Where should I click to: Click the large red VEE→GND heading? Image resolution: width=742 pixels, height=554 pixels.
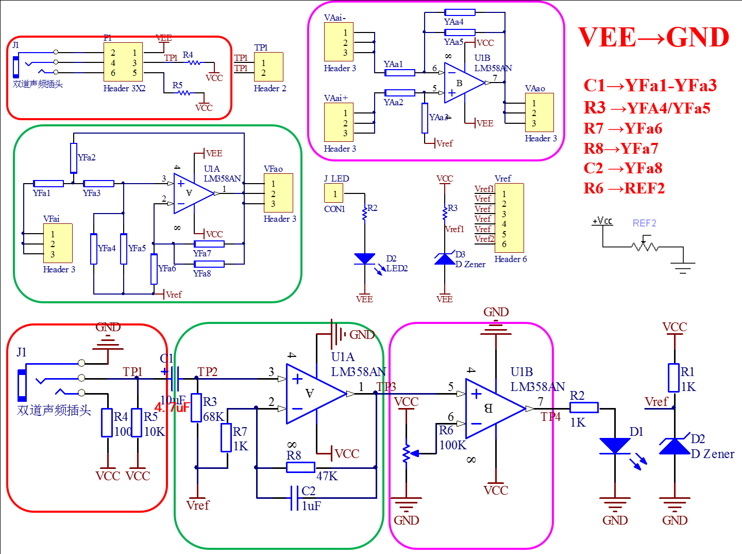click(x=653, y=38)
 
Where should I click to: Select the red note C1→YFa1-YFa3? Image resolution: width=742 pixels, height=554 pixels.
click(x=650, y=86)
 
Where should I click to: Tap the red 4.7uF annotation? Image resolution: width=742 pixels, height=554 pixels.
click(x=172, y=408)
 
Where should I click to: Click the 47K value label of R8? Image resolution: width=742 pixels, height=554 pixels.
click(x=327, y=476)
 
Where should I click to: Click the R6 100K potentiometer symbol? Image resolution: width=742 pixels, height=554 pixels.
click(x=407, y=453)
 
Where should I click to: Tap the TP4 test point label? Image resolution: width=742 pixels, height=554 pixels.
click(x=550, y=417)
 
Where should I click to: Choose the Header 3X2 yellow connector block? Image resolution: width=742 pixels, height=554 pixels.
click(x=123, y=62)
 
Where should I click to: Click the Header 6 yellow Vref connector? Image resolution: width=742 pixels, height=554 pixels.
click(x=509, y=218)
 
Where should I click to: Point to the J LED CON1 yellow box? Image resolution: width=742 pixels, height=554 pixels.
click(x=334, y=194)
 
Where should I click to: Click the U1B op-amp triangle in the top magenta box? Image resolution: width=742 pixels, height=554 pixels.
click(x=463, y=83)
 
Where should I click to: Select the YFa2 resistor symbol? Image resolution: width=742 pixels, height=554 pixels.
click(x=74, y=158)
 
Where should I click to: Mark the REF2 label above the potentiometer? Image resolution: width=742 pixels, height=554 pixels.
click(x=644, y=223)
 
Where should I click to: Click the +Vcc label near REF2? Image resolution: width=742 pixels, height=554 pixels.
click(x=602, y=221)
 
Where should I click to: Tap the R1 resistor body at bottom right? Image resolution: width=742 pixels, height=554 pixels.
click(x=674, y=378)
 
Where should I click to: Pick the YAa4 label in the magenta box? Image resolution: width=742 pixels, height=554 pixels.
click(x=454, y=22)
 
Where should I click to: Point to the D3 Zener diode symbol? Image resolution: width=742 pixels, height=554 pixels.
click(x=445, y=259)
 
